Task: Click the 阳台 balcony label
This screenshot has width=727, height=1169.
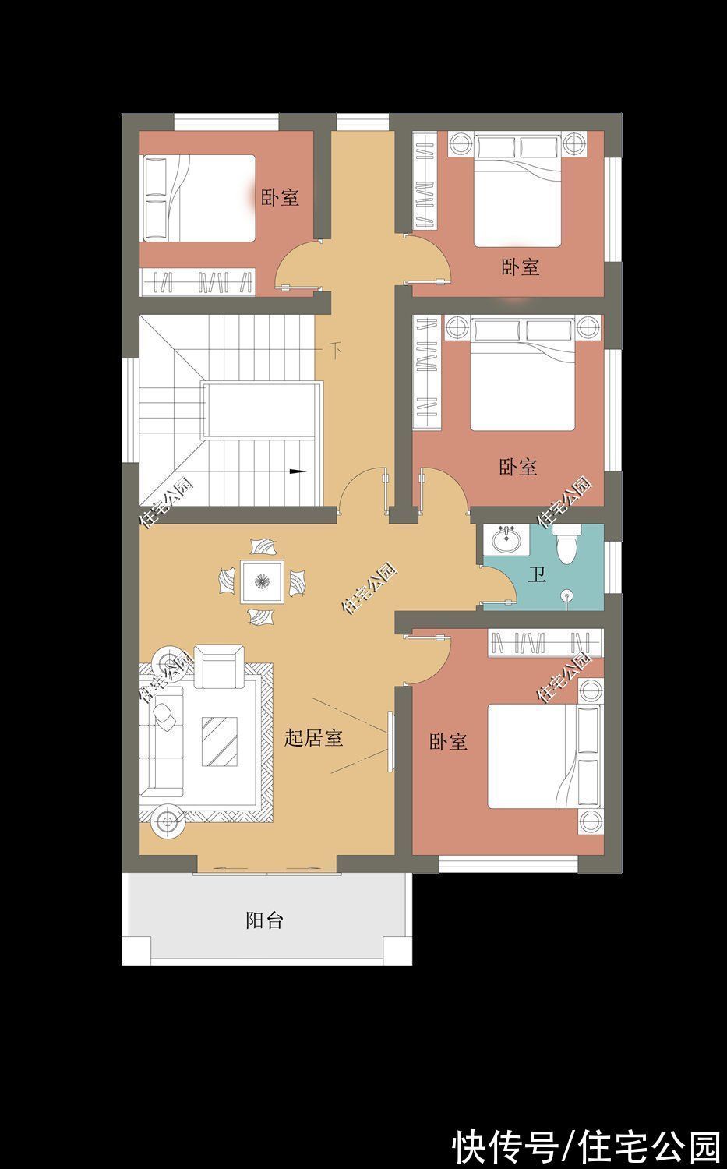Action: tap(264, 920)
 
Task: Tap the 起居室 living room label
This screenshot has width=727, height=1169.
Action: tap(313, 738)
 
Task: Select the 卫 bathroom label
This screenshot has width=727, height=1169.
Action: tap(537, 576)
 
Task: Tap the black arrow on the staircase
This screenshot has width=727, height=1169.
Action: tap(296, 471)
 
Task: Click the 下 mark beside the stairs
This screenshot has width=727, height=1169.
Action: tap(335, 348)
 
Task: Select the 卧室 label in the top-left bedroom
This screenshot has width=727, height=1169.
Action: tap(280, 197)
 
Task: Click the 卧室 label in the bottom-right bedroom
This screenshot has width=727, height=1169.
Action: tap(448, 742)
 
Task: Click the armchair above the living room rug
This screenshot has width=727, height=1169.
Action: tap(218, 666)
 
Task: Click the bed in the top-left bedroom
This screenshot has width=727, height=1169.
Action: tap(198, 198)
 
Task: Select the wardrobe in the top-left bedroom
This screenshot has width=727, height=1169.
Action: tap(198, 281)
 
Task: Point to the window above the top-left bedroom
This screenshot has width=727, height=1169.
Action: tap(226, 122)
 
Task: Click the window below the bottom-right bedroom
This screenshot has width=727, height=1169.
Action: tap(507, 864)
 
